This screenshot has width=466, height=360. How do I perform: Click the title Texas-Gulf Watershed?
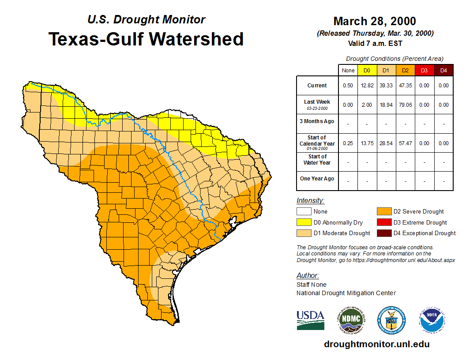[x=146, y=39]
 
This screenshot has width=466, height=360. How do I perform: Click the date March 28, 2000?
[x=375, y=21]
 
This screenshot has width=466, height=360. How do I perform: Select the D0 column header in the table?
[x=367, y=71]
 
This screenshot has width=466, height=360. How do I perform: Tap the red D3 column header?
[x=424, y=71]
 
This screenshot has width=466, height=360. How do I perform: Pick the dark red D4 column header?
[x=443, y=71]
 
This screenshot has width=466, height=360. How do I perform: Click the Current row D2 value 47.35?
[x=405, y=86]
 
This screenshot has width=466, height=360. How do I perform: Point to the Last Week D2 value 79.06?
[x=405, y=105]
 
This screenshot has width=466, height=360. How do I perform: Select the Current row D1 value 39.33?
[x=386, y=86]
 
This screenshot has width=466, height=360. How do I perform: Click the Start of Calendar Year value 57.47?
[x=405, y=143]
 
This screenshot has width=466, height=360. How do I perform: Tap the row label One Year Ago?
[x=317, y=179]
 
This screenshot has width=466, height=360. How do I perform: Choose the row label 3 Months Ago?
[x=317, y=121]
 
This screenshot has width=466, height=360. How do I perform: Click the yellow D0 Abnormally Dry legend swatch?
[x=304, y=222]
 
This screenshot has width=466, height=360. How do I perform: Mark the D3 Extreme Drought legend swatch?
[x=383, y=222]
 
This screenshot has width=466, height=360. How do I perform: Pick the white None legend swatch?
[x=304, y=212]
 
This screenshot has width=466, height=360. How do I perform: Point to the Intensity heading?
[x=310, y=201]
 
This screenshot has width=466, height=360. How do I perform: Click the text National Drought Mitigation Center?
[x=346, y=293]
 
